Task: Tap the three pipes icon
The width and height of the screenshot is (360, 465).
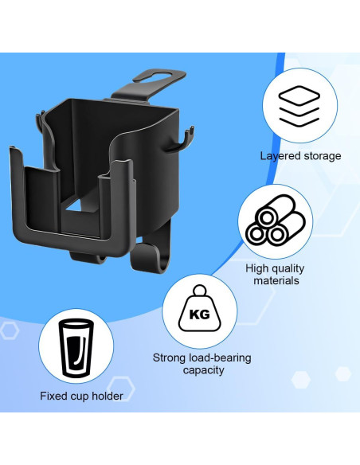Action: click(275, 224)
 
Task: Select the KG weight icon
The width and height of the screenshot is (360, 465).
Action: click(199, 311)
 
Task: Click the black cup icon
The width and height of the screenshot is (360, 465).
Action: click(75, 348)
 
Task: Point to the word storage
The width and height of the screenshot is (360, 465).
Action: click(322, 156)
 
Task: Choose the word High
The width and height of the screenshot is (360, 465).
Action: click(258, 268)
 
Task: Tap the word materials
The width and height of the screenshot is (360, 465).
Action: click(276, 280)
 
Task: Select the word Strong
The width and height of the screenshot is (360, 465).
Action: click(170, 358)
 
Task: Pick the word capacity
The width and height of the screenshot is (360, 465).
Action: click(202, 370)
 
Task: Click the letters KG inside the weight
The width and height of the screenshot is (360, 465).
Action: click(199, 315)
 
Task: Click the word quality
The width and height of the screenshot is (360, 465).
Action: click(290, 268)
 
